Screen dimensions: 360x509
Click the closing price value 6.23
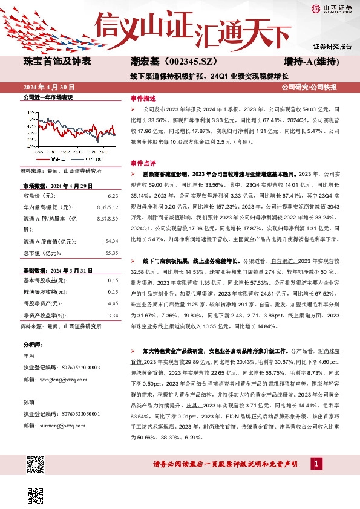point(112,196)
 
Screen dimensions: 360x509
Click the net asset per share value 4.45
point(112,303)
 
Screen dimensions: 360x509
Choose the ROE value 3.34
point(112,314)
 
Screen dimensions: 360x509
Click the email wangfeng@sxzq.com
point(55,379)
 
